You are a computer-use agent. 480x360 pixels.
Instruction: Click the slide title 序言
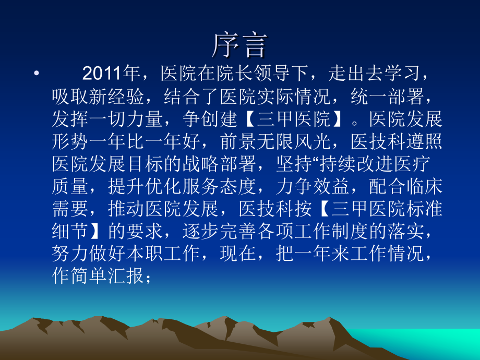[239, 46]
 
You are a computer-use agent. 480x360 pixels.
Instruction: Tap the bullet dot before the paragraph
[35, 74]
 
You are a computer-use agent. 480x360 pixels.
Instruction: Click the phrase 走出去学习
[373, 74]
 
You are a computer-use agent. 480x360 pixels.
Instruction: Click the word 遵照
[425, 142]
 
